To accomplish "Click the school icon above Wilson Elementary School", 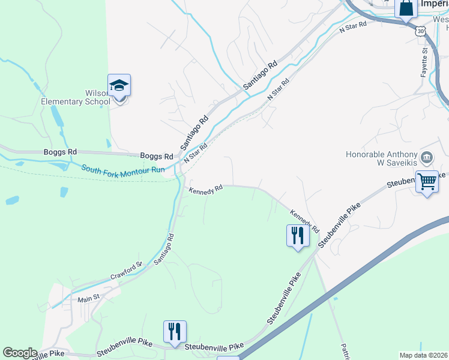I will click(119, 86).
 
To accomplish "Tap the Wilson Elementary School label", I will click(76, 97).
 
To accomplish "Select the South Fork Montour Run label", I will click(123, 170).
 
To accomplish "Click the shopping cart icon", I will click(427, 181).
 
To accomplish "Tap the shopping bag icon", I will click(406, 9).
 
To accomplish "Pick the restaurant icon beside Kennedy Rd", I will click(297, 235).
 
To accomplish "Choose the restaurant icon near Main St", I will click(175, 331).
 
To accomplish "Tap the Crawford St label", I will click(125, 271).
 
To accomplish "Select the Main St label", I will click(88, 298).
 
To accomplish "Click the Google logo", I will click(20, 353).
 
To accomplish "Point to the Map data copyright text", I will click(424, 355).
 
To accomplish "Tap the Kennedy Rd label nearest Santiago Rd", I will click(206, 189).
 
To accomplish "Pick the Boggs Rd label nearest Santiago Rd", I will click(156, 156).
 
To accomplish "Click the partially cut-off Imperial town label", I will click(434, 4).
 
